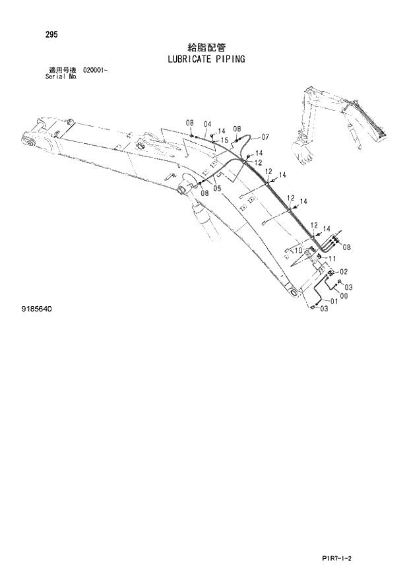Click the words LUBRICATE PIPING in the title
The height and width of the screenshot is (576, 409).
pos(207,59)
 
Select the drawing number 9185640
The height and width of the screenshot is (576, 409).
pos(37,308)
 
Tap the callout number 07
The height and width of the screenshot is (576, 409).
pos(265,137)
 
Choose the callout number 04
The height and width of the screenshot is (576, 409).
pos(207,124)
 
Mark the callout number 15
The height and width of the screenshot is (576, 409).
pos(225,140)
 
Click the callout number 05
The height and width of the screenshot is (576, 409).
pos(217,188)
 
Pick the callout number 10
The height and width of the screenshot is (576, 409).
pos(298,250)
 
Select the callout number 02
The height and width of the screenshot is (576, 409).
pos(344,272)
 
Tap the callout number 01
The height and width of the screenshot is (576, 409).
pos(334,302)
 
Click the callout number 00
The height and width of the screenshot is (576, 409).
pos(343,295)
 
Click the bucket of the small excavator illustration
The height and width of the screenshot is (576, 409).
pos(305,157)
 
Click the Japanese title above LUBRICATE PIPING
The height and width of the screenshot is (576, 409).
pos(207,47)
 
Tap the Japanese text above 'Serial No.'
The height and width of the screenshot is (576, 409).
pos(61,69)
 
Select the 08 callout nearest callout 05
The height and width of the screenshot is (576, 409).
pos(205,192)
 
